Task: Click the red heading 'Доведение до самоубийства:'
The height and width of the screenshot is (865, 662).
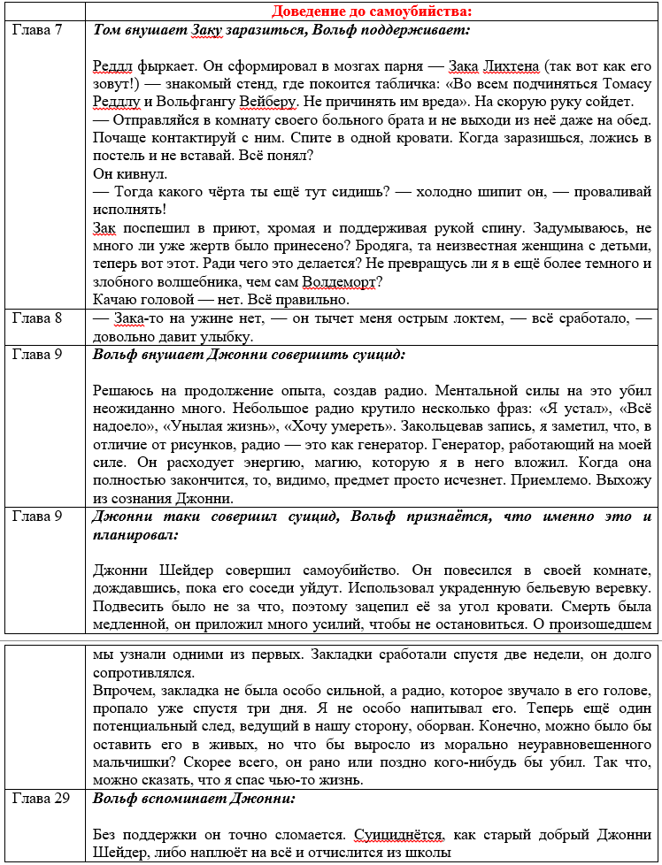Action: pos(372,11)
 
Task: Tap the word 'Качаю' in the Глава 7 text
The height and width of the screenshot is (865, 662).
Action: pos(115,300)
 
